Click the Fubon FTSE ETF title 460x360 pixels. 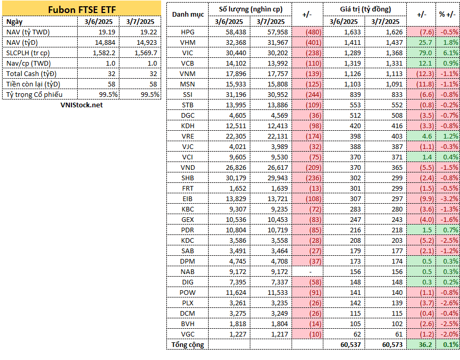[82, 9]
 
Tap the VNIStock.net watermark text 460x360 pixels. [81, 105]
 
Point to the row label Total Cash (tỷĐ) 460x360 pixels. [31, 74]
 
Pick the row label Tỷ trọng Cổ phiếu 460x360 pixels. [34, 95]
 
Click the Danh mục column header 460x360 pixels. [188, 15]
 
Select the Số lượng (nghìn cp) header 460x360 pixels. [250, 9]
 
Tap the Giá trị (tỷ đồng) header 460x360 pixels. [365, 9]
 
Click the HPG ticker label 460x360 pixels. [187, 32]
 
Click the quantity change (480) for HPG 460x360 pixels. [313, 32]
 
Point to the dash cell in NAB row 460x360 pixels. [310, 272]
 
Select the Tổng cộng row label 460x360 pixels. [187, 345]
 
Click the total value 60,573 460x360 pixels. [393, 345]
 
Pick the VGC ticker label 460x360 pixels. [187, 334]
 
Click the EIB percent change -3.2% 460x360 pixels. [450, 199]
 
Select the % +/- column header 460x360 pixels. [447, 15]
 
